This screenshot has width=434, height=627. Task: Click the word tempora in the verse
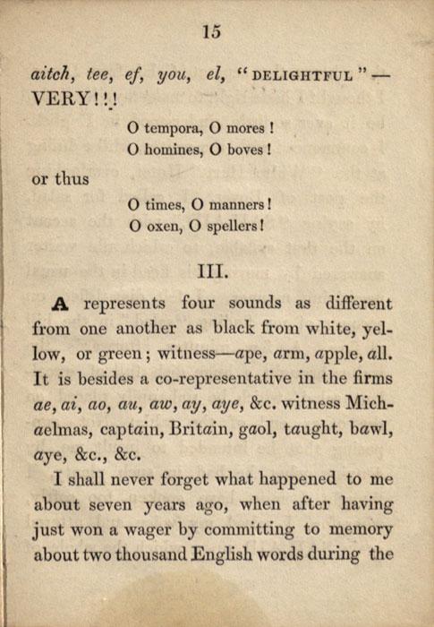pos(179,127)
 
